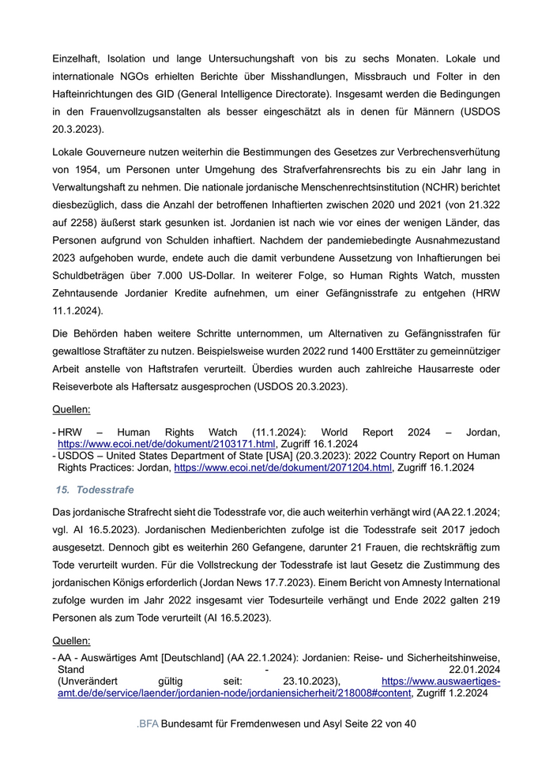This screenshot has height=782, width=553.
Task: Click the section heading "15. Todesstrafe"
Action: (94, 490)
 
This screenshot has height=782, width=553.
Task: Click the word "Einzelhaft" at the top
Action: (77, 59)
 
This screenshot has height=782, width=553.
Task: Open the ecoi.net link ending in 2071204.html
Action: (283, 468)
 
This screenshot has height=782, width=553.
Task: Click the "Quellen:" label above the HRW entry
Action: (71, 410)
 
